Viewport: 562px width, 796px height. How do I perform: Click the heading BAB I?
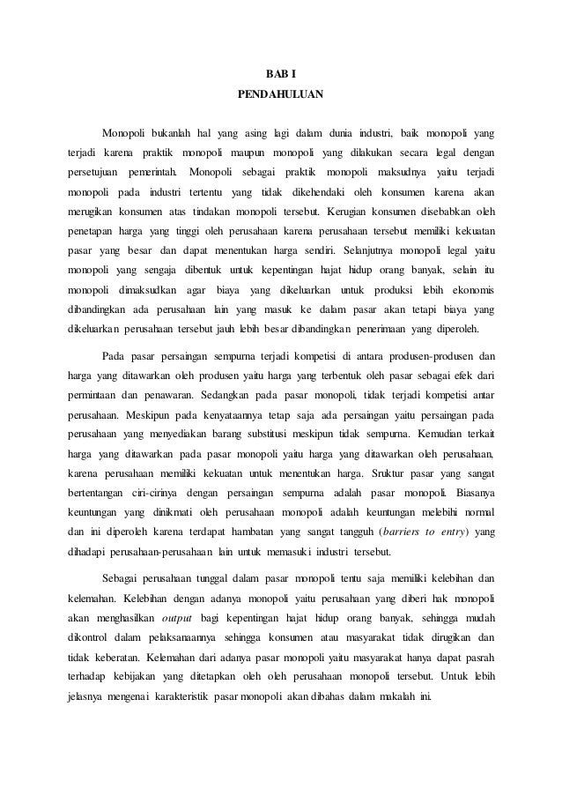tap(281, 73)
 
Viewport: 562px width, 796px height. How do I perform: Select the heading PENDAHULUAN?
tap(281, 93)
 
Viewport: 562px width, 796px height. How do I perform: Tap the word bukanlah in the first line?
tap(170, 133)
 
